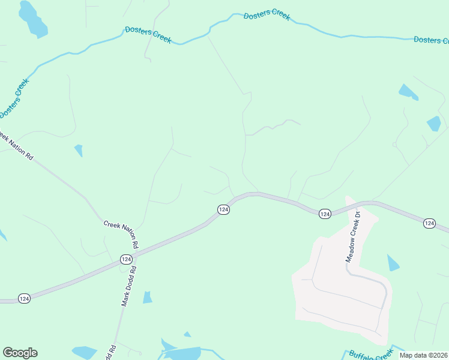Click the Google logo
(x=20, y=353)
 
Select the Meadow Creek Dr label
(x=352, y=237)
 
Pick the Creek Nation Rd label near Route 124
(x=121, y=233)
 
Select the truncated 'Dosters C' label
(x=430, y=40)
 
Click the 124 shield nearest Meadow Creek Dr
(x=325, y=214)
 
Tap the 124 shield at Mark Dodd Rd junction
(x=125, y=259)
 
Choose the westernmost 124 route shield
(x=24, y=298)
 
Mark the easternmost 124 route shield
(x=429, y=223)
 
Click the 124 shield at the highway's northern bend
(x=223, y=209)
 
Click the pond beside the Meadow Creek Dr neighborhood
(x=393, y=263)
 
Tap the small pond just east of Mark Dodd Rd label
(x=148, y=297)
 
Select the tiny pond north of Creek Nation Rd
(x=79, y=150)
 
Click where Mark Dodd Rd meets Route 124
(x=134, y=255)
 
